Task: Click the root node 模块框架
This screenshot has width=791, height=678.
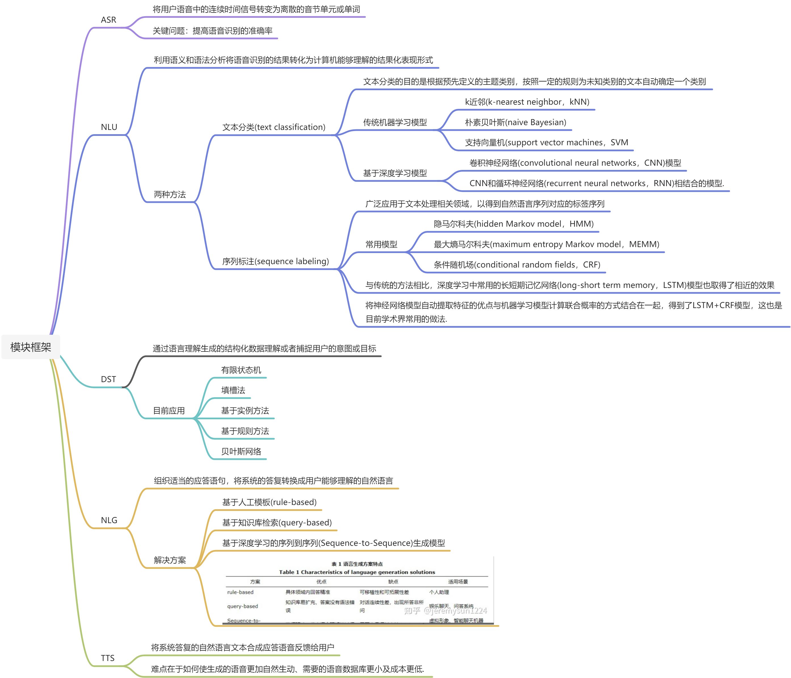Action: pos(31,347)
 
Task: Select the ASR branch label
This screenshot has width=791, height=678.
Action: pos(108,20)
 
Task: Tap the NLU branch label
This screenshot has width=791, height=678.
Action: pos(109,127)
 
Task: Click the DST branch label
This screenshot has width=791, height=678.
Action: pos(108,379)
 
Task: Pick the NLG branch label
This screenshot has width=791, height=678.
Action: pos(109,520)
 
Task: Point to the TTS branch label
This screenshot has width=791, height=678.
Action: pos(108,658)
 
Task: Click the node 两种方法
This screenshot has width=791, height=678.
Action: pos(169,194)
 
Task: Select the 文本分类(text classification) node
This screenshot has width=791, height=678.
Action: pos(274,127)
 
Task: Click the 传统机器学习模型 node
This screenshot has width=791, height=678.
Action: pos(395,122)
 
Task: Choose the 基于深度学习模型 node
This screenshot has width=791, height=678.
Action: pos(395,173)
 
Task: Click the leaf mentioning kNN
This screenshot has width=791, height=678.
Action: pos(527,102)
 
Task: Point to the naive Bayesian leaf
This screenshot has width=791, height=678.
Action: pos(516,122)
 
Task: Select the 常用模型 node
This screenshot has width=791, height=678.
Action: pos(381,244)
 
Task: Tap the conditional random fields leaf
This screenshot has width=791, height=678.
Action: pos(517,265)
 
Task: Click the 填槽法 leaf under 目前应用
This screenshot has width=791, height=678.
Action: pos(233,390)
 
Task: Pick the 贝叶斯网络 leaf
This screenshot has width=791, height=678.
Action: pos(241,451)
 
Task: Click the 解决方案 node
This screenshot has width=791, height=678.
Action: pos(169,560)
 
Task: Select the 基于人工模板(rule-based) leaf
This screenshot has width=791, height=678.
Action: pos(269,502)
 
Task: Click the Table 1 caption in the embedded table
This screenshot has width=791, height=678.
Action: pos(357,572)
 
